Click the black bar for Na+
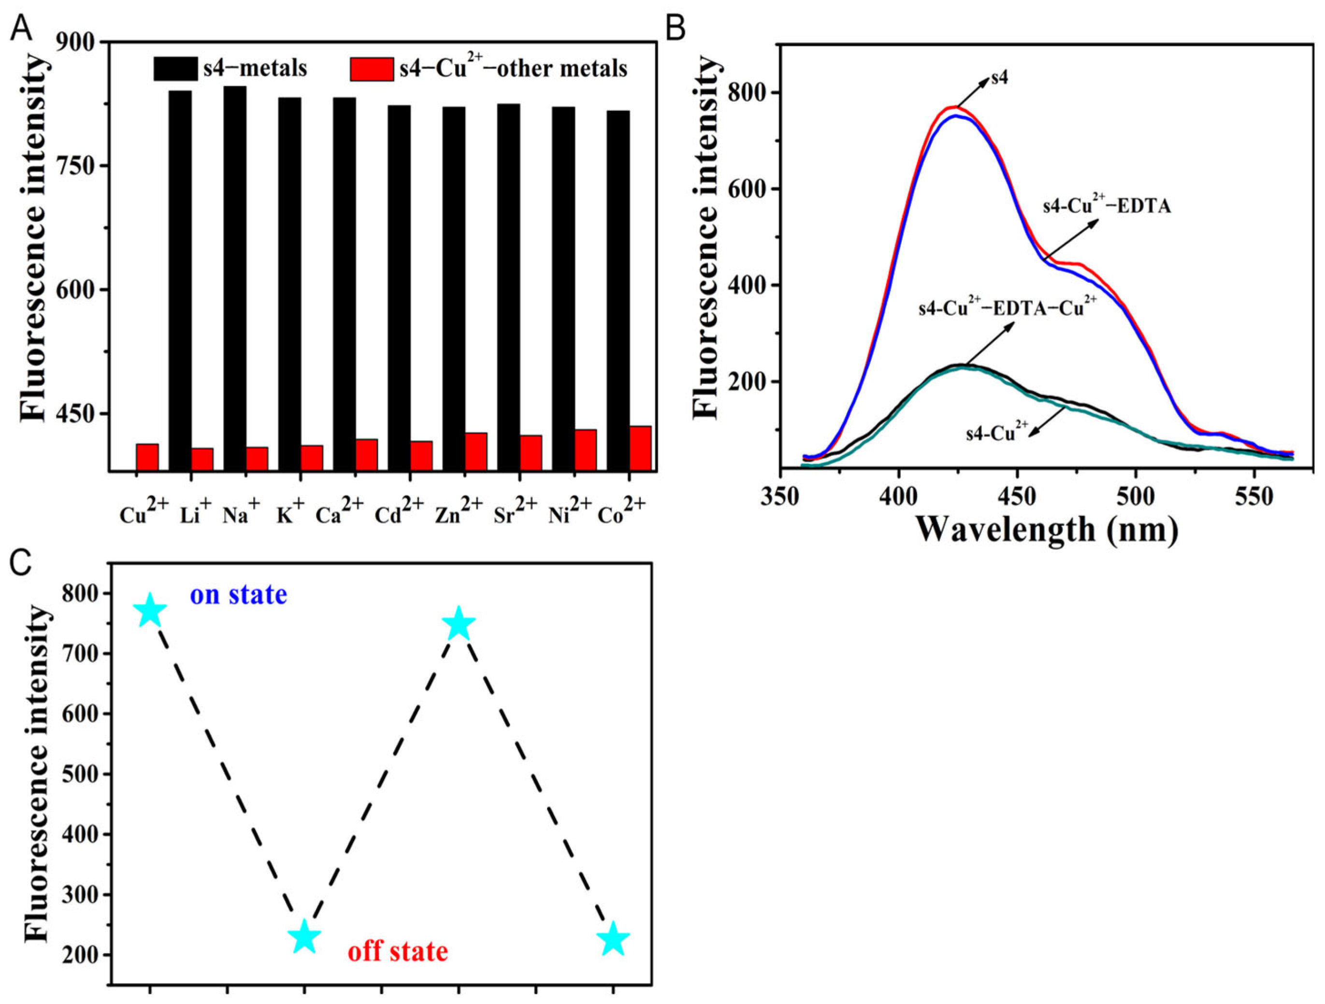coord(235,278)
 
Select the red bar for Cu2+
coord(147,457)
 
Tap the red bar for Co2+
coord(640,448)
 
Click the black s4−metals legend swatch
coord(175,69)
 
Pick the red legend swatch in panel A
coord(372,69)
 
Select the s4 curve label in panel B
coord(1000,78)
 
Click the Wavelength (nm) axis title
coord(1047,530)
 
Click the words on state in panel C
coord(238,596)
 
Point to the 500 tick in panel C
coord(80,774)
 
